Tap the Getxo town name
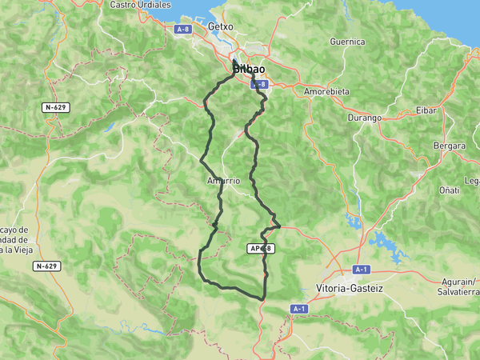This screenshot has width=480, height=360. point(220,26)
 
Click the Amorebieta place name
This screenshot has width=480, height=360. point(326,91)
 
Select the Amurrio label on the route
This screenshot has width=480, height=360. point(223,181)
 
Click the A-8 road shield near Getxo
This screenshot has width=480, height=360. point(183,29)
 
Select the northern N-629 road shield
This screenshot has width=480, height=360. point(55,106)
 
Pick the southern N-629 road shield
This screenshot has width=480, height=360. point(46,266)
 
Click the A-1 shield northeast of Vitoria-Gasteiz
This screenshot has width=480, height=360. point(362,270)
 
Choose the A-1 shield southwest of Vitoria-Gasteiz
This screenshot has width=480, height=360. point(299,308)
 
